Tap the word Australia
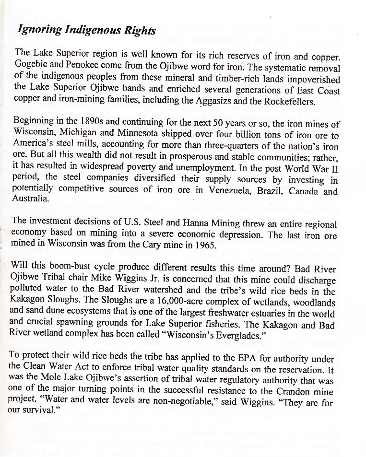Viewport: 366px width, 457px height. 30,201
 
